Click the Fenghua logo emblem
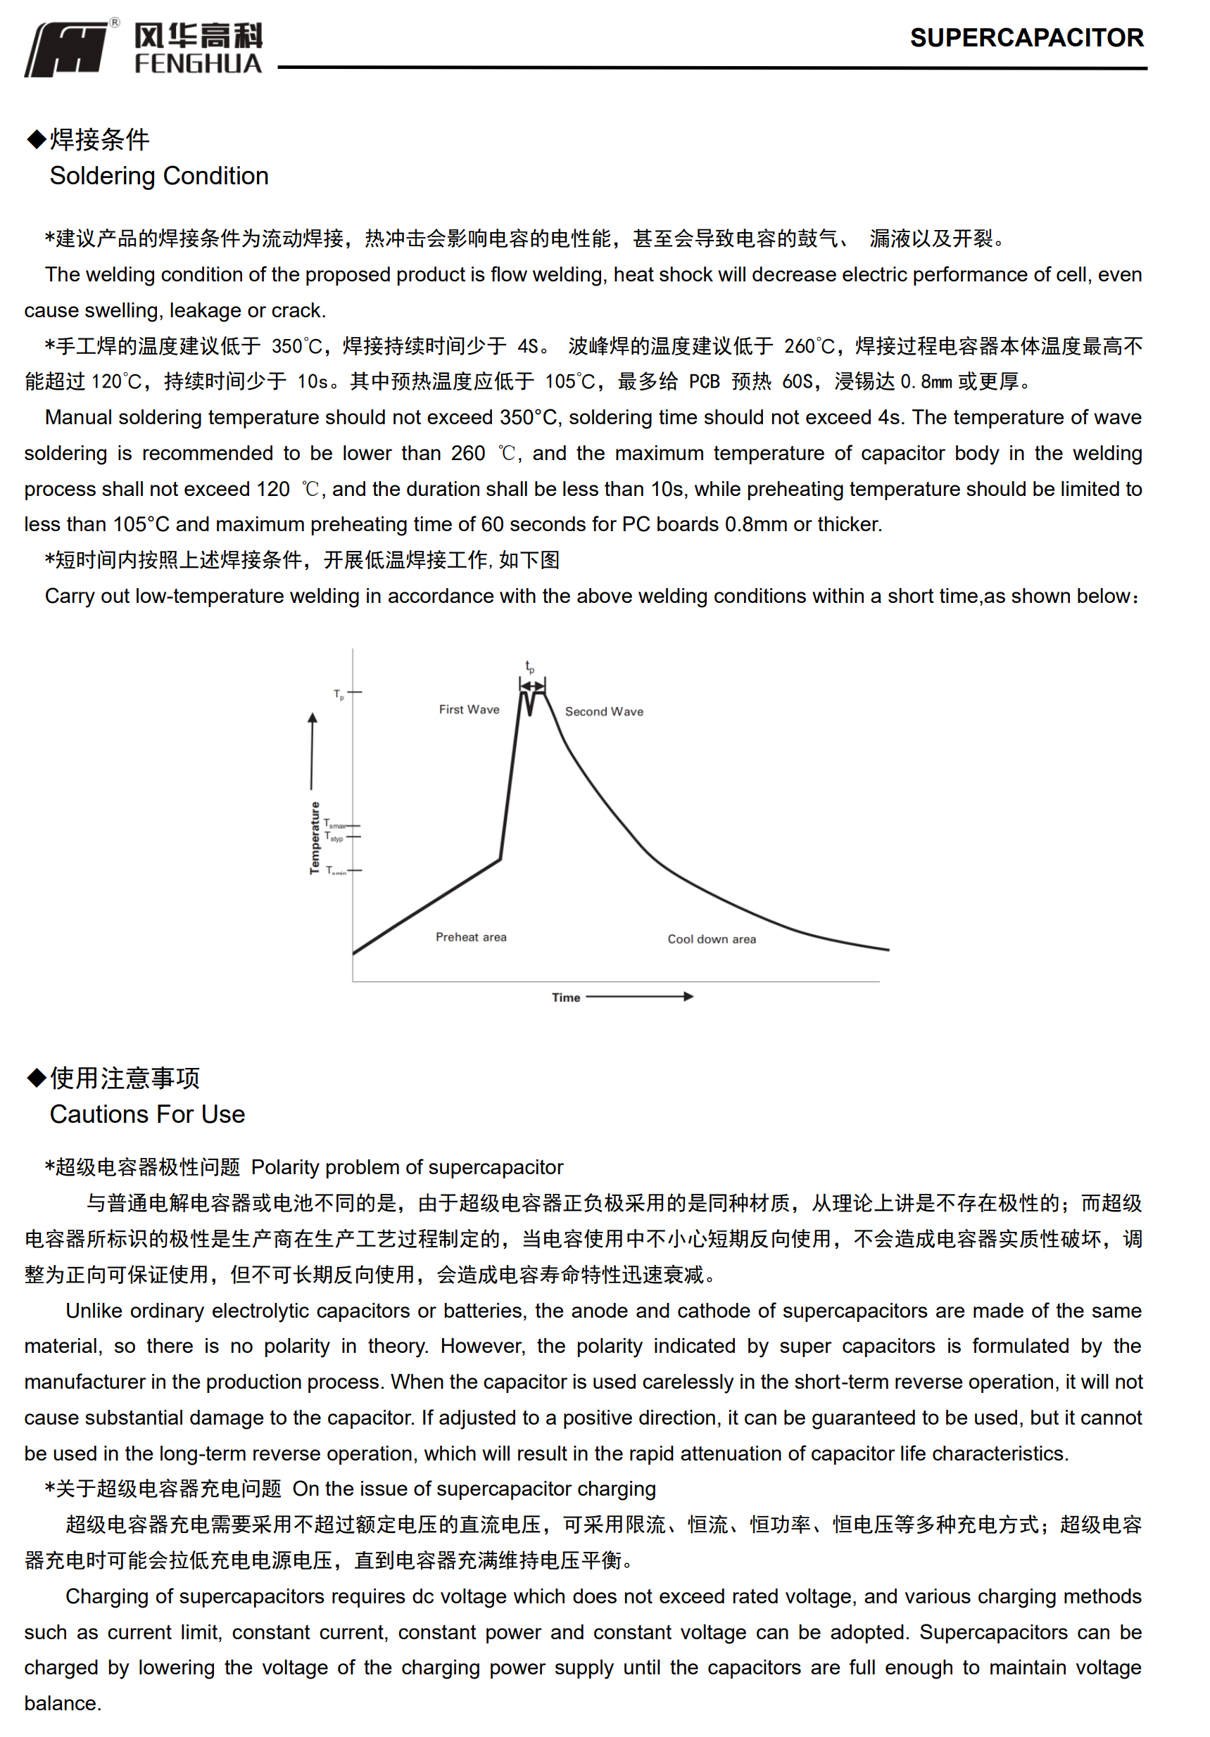coord(67,49)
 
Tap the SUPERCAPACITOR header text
coord(1026,38)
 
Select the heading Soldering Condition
coord(159,175)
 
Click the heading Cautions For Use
coord(148,1114)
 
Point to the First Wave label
coord(468,710)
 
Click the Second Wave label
coord(603,712)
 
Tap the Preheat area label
coord(471,936)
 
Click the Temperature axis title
coord(315,837)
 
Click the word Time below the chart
coord(565,997)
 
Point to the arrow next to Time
coord(639,996)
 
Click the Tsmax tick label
coord(334,824)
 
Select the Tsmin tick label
coord(335,871)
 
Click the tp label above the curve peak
coord(530,666)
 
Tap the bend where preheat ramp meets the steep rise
coord(500,859)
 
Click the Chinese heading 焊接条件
coord(99,139)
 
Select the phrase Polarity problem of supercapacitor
coord(407,1166)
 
